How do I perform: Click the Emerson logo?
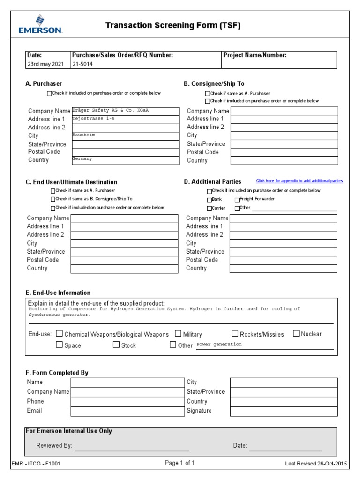click(40, 24)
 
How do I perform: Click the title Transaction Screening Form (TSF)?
click(172, 26)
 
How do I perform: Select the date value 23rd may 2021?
click(45, 64)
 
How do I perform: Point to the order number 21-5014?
click(82, 64)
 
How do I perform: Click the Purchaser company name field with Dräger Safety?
click(125, 111)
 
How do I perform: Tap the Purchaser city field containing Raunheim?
click(125, 135)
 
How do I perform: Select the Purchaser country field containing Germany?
click(125, 160)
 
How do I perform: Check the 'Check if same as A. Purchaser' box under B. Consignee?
click(208, 94)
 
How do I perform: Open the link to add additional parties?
click(299, 181)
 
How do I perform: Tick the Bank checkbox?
click(210, 200)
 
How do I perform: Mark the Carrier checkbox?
click(210, 208)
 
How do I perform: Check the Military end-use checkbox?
click(179, 334)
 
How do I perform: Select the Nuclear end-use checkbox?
click(296, 334)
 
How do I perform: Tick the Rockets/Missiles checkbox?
click(235, 334)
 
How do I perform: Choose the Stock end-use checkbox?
click(116, 345)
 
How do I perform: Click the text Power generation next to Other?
click(219, 345)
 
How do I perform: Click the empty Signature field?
click(284, 411)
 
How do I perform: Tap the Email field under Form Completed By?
click(124, 411)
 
